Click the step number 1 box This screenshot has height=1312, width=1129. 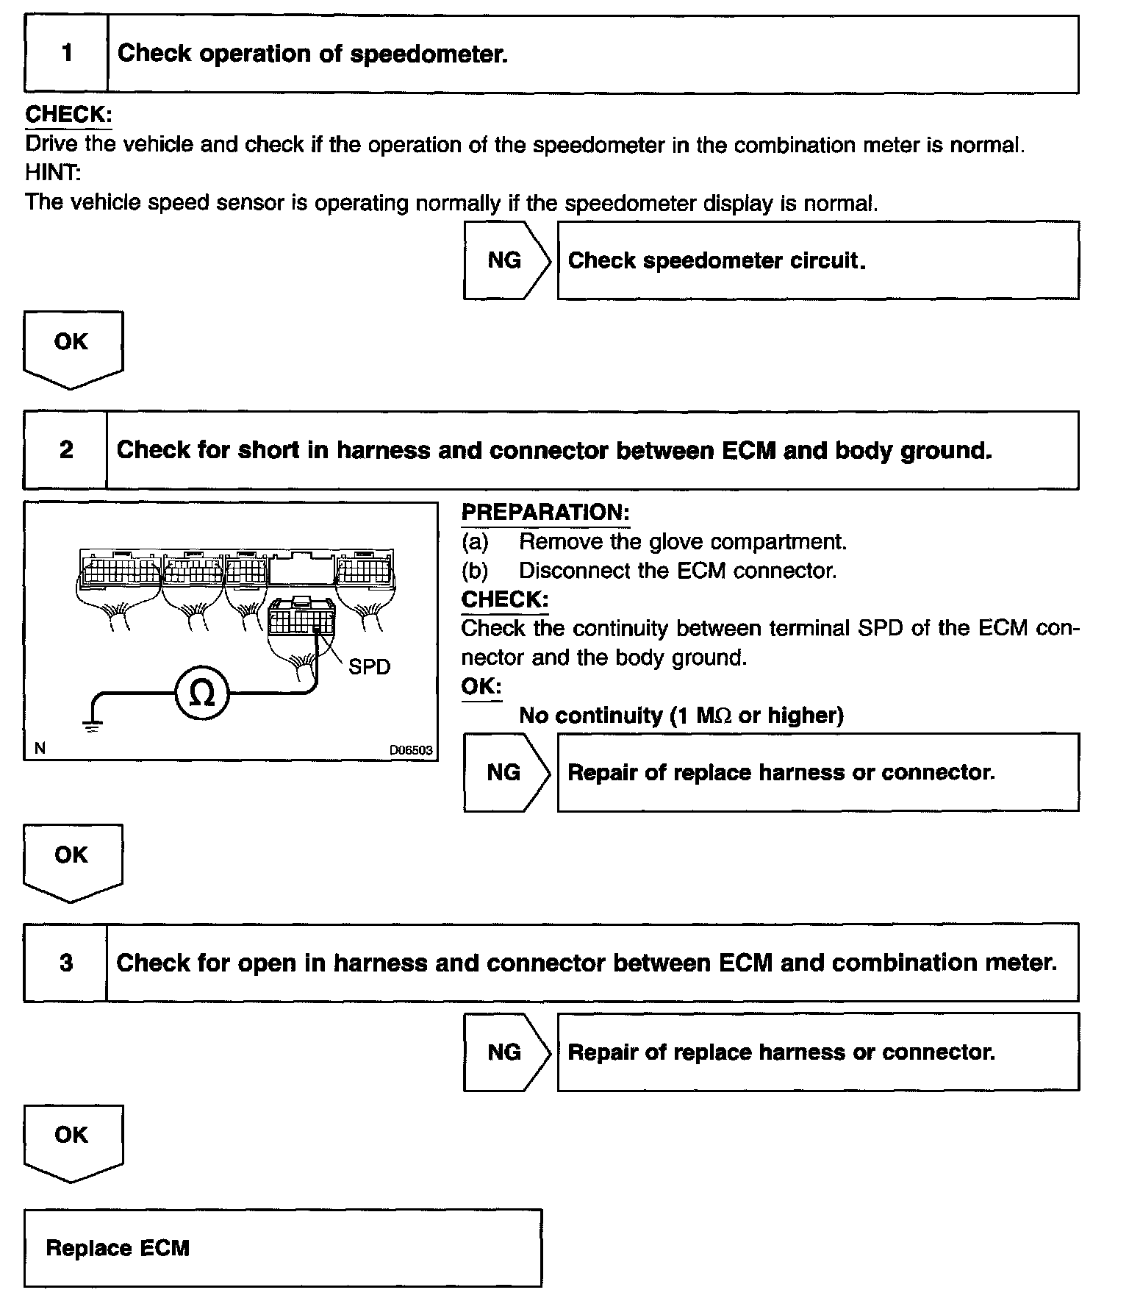pyautogui.click(x=66, y=54)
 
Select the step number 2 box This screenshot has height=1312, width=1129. pyautogui.click(x=65, y=449)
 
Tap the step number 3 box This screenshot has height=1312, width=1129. pyautogui.click(x=65, y=963)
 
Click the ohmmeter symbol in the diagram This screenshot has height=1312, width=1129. pyautogui.click(x=202, y=694)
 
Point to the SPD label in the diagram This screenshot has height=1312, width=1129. pyautogui.click(x=369, y=667)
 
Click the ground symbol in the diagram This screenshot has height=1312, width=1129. pyautogui.click(x=92, y=727)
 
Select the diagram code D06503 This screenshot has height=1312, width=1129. pyautogui.click(x=411, y=750)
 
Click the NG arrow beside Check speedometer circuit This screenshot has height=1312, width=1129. pyautogui.click(x=506, y=260)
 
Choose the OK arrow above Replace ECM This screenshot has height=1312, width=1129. pyautogui.click(x=72, y=1140)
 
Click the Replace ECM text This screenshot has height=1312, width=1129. pyautogui.click(x=118, y=1248)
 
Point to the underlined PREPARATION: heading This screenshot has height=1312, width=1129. pyautogui.click(x=545, y=513)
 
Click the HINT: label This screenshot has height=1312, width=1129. pyautogui.click(x=53, y=173)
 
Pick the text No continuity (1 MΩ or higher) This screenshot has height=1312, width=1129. pyautogui.click(x=681, y=715)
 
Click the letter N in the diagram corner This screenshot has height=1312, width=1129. pyautogui.click(x=40, y=749)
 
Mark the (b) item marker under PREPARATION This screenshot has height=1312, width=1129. pyautogui.click(x=475, y=571)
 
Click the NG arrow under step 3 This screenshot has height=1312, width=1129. pyautogui.click(x=506, y=1052)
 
